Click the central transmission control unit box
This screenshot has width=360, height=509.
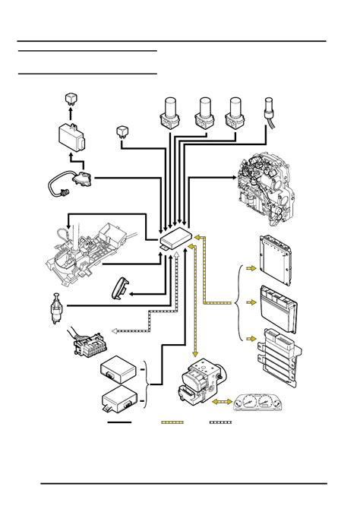tap(175, 239)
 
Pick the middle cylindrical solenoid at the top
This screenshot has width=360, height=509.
tap(204, 112)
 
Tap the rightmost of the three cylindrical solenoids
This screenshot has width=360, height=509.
tap(236, 112)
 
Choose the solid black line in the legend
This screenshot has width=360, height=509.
tap(119, 421)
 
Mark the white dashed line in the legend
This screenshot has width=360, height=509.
tap(220, 421)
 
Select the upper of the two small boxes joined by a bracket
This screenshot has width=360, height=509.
tap(120, 368)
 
